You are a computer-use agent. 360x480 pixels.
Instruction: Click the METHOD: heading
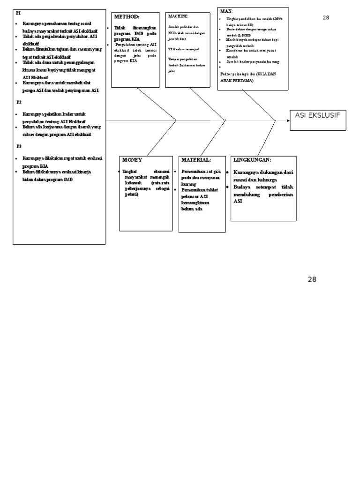point(127,17)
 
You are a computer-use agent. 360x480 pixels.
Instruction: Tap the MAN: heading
point(226,11)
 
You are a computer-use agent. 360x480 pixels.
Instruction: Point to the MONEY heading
point(132,160)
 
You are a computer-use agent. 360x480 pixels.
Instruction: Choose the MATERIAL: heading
point(196,160)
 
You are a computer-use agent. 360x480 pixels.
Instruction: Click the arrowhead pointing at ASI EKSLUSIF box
point(288,120)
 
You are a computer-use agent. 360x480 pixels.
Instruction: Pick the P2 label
point(19,102)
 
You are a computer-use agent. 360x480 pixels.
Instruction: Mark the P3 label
point(19,146)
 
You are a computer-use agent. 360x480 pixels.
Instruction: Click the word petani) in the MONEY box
point(132,194)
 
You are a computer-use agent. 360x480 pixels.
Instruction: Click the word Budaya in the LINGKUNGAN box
point(243,187)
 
